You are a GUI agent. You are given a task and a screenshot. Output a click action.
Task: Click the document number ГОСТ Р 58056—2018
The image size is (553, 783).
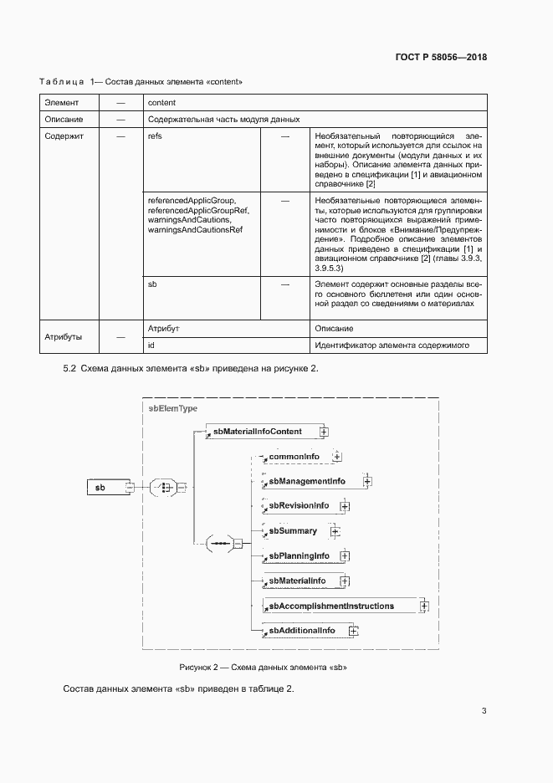point(440,58)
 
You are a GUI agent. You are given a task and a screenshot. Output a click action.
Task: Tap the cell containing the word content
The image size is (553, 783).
point(161,102)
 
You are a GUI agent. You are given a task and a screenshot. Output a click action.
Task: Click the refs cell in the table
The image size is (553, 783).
point(155,136)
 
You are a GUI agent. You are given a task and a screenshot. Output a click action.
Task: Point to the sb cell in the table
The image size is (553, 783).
point(152,284)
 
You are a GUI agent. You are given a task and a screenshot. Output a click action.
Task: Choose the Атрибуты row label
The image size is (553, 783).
point(63,336)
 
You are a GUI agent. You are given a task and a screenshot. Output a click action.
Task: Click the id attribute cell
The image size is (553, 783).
point(151,345)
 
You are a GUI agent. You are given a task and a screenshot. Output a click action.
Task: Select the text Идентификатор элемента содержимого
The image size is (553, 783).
point(392,345)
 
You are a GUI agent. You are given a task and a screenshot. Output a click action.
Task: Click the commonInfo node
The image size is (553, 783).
point(294,457)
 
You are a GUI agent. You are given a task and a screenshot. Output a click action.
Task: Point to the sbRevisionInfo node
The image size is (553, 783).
point(299,506)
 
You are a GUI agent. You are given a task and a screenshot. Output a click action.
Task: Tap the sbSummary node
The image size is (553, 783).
point(294,530)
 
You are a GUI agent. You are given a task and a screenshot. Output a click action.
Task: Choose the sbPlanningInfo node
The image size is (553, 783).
point(300,555)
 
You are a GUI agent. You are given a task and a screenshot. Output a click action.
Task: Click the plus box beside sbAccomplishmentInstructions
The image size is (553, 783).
point(424,606)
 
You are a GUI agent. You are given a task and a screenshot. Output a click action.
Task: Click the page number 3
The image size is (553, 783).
point(484,711)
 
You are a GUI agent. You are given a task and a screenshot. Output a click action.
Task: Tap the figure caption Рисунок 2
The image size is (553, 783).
point(263,667)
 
